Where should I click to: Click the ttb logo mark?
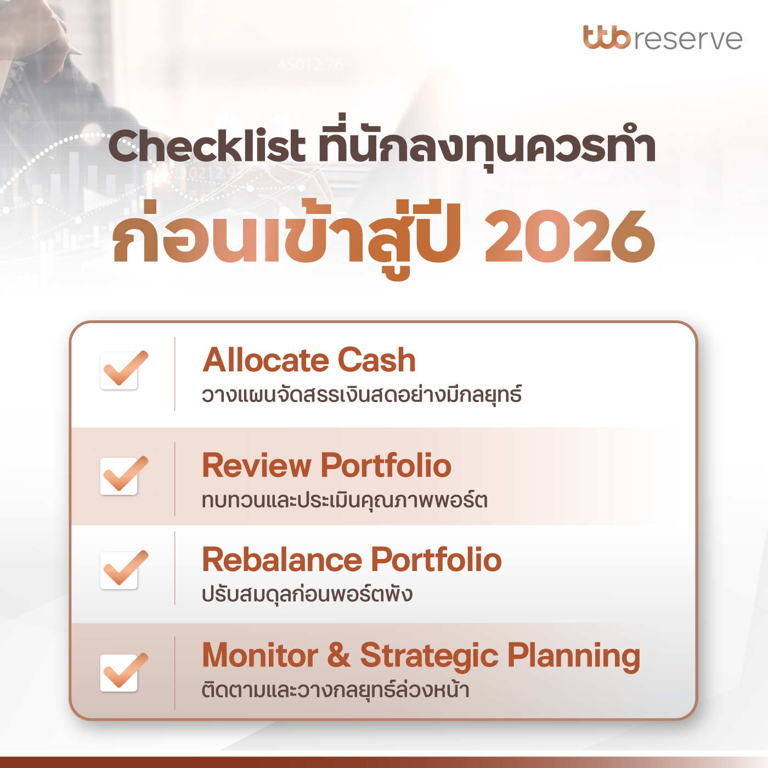click(x=607, y=38)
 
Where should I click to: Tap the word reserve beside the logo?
click(x=688, y=39)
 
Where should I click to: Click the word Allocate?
click(x=266, y=360)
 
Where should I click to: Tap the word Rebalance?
click(x=282, y=560)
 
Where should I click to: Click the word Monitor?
click(x=260, y=656)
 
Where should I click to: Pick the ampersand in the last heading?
click(x=339, y=656)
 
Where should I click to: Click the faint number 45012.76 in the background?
click(x=310, y=65)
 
